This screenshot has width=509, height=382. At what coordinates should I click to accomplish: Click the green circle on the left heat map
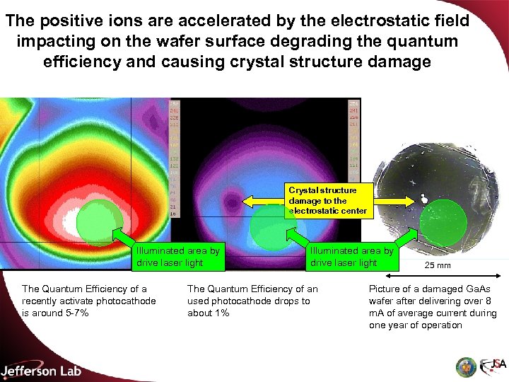99,219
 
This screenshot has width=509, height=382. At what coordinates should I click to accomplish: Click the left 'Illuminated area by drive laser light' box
178,257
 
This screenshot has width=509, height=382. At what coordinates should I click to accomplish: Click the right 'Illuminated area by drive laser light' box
351,257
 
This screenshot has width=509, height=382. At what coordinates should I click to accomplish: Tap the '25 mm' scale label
438,265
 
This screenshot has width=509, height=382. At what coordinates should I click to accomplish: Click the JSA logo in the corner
493,366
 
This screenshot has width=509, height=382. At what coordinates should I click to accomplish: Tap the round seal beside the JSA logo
465,366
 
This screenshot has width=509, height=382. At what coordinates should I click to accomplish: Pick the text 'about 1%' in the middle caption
209,313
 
